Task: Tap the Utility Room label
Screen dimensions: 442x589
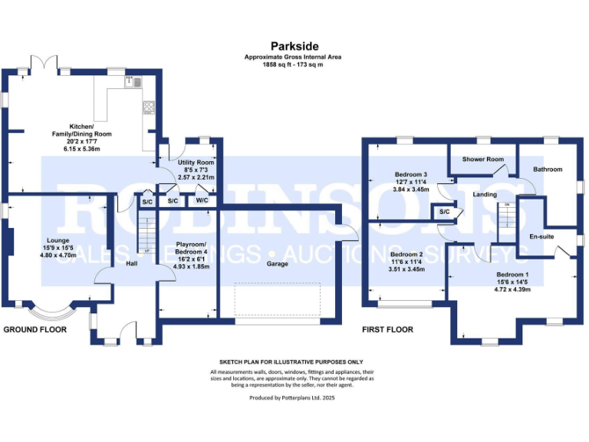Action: coord(196,163)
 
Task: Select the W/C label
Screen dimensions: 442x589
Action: coord(202,200)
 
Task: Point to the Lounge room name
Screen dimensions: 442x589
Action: coord(58,239)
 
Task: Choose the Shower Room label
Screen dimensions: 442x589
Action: coord(483,159)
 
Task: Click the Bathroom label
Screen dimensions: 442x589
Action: coord(548,169)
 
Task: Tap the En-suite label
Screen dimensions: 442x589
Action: coord(541,236)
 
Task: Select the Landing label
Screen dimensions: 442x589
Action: coord(485,194)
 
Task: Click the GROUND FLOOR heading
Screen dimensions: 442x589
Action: coord(35,329)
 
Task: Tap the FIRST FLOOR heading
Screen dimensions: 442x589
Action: coord(387,329)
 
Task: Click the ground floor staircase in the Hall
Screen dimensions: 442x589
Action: coord(147,232)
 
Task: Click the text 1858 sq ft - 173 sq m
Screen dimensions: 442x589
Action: coord(294,64)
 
